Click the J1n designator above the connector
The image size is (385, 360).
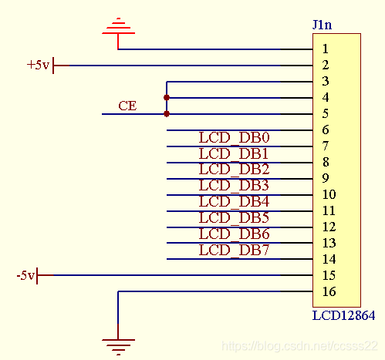tap(322, 25)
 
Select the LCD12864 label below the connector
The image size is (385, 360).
tap(343, 315)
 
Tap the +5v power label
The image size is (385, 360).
tap(38, 65)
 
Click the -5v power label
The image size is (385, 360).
tap(25, 275)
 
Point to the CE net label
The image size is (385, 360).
tap(127, 106)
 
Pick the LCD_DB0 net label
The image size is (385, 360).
tap(234, 138)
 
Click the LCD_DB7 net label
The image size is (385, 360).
tap(234, 251)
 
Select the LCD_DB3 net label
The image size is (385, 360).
tap(234, 186)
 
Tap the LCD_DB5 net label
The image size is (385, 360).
tap(234, 218)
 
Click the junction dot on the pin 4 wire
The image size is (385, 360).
tap(167, 98)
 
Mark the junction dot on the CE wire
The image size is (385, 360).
tap(167, 114)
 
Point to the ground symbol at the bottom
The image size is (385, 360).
tap(118, 341)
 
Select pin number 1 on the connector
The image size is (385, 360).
tap(326, 49)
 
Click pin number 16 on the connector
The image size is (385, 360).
tap(329, 291)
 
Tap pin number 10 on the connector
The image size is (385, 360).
tap(329, 194)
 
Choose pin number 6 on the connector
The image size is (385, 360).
tap(326, 130)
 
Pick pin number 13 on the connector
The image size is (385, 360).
tap(329, 243)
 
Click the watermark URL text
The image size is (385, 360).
tap(299, 346)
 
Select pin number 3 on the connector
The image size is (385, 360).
tap(326, 81)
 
